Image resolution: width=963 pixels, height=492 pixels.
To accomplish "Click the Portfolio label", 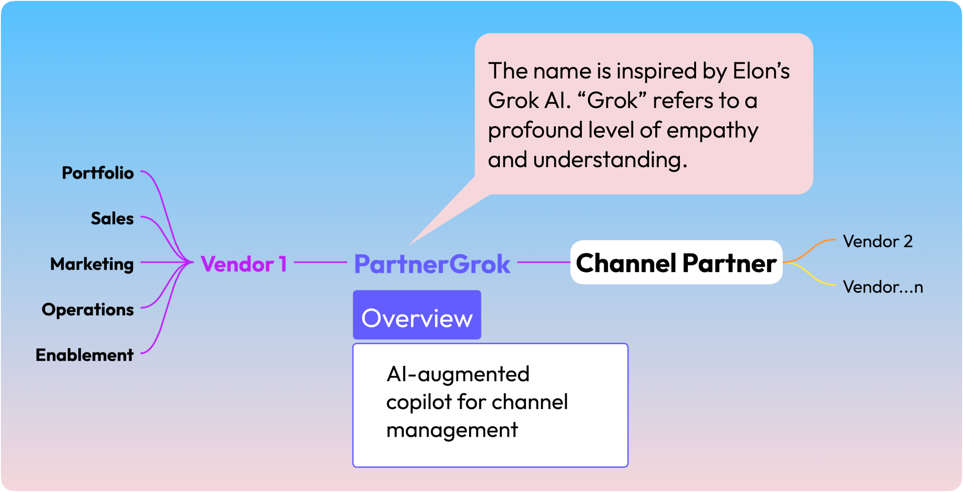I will click(x=98, y=173).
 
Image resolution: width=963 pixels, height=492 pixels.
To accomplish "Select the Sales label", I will click(x=112, y=219).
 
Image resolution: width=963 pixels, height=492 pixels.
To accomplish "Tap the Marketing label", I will click(x=92, y=264).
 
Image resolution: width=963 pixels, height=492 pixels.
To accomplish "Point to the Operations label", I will click(x=88, y=310).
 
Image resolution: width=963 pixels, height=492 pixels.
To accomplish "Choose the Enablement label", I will click(x=85, y=355).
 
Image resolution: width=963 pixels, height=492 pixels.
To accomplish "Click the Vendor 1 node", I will click(x=244, y=264).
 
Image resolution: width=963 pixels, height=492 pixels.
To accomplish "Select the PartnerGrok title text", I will click(x=432, y=264).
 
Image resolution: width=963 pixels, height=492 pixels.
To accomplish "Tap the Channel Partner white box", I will click(x=676, y=263).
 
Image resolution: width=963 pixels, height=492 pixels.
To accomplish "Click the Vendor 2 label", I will click(x=877, y=242).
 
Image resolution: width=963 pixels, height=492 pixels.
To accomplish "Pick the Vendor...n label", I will click(x=883, y=287).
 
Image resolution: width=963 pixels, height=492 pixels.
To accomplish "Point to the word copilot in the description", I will click(x=418, y=402).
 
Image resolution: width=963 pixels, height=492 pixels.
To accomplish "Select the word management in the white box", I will click(x=452, y=430).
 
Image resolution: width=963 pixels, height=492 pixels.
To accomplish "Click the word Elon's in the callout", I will click(x=761, y=71).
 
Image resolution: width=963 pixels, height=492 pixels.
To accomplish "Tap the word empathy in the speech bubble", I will click(x=712, y=130).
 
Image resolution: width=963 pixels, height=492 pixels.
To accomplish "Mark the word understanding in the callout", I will click(x=610, y=160).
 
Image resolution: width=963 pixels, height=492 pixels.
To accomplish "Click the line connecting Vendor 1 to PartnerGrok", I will click(x=320, y=262).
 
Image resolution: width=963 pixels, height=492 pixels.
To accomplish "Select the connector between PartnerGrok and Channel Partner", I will click(x=543, y=262).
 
